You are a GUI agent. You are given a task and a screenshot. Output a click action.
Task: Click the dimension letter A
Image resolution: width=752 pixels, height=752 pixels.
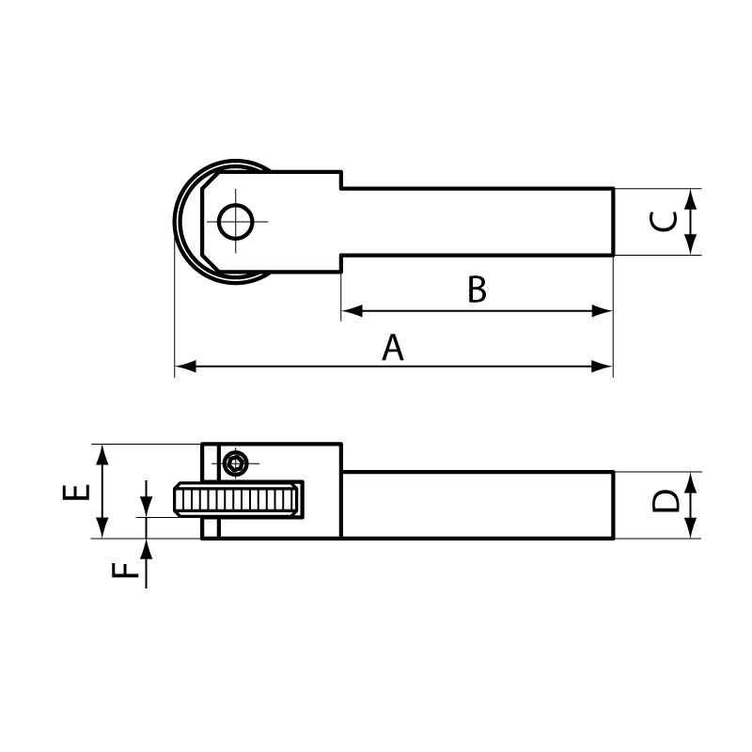tap(393, 348)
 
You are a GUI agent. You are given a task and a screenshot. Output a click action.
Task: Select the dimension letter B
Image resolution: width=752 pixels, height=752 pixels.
tap(477, 290)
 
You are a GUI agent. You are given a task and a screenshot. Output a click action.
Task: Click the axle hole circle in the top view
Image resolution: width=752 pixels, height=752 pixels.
tap(235, 222)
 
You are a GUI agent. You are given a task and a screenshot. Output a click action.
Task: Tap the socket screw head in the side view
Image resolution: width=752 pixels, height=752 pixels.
tap(235, 462)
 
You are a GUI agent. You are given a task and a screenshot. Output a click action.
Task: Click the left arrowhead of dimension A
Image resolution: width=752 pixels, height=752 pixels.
tap(184, 366)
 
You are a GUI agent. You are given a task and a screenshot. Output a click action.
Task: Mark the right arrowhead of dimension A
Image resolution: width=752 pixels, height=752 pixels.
tap(603, 366)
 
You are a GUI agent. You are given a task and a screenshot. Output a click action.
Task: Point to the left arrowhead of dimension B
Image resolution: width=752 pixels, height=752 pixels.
tap(351, 310)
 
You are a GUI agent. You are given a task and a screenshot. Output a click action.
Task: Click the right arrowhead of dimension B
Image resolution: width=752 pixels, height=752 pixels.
tap(603, 310)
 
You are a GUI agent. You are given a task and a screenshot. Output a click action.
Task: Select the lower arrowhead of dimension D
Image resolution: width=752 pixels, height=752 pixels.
tap(692, 530)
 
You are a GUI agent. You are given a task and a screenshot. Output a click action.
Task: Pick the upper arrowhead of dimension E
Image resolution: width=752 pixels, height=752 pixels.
tap(103, 453)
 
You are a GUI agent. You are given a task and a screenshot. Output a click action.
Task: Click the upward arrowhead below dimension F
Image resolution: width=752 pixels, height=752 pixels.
tap(147, 548)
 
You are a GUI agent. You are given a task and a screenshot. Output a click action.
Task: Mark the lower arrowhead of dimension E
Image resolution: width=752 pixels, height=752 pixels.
tap(103, 529)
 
